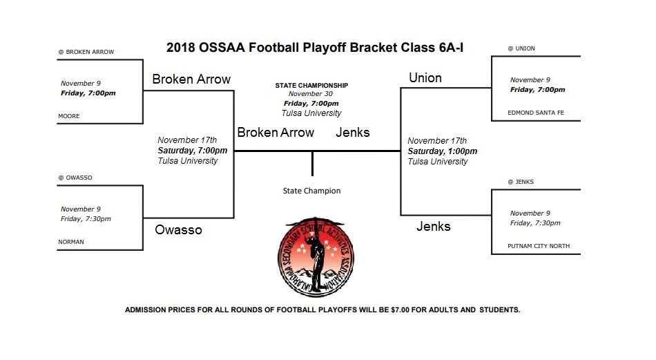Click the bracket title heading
[x=314, y=48]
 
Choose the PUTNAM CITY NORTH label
[x=539, y=246]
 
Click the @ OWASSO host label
[x=76, y=178]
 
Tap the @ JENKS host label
[x=521, y=182]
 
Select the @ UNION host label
[x=521, y=48]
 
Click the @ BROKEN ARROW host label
[x=86, y=52]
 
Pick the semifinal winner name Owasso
[x=177, y=229]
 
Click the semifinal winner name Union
[x=425, y=78]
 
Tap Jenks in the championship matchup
[x=353, y=133]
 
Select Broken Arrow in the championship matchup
[x=276, y=133]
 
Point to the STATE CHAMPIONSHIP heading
[x=311, y=85]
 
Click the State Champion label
[x=311, y=191]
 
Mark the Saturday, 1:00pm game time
[x=442, y=151]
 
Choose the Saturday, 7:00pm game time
[x=192, y=150]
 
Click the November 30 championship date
[x=307, y=94]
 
